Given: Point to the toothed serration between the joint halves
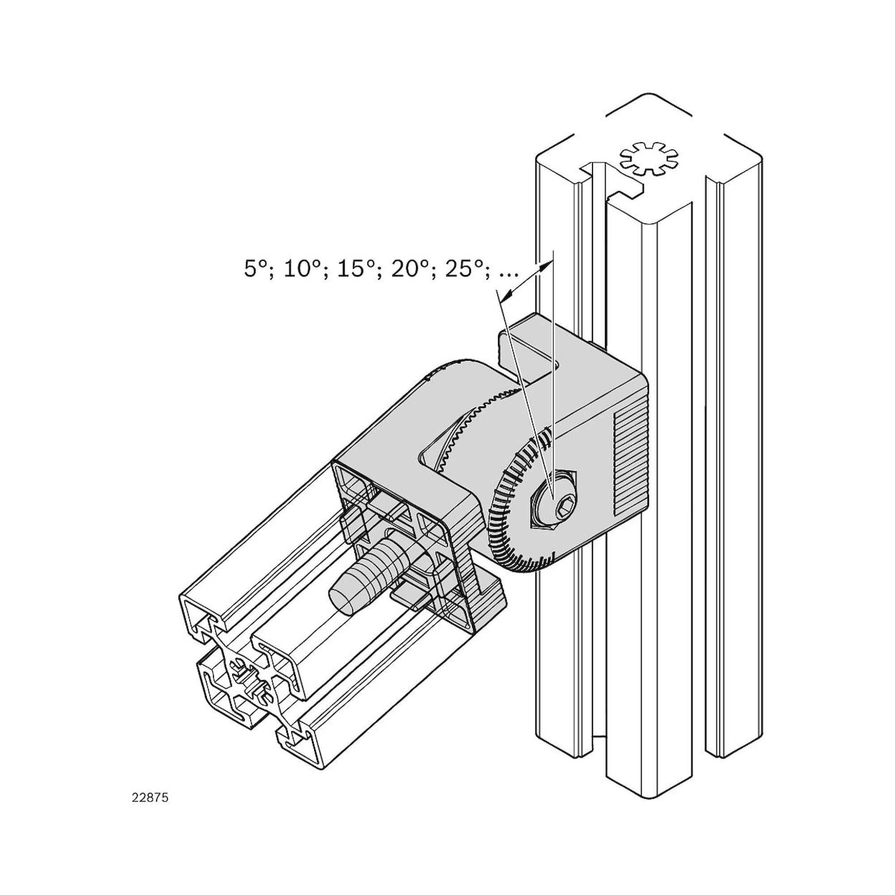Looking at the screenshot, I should point(482,412).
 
